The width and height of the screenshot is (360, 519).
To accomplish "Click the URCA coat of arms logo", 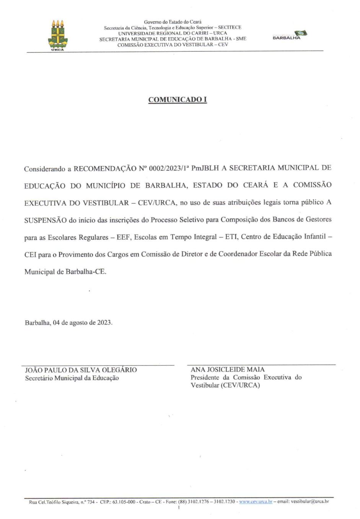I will tap(57, 35).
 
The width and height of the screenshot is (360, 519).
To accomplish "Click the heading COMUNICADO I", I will tap(178, 100).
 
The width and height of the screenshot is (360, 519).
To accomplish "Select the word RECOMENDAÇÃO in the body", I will tap(105, 168).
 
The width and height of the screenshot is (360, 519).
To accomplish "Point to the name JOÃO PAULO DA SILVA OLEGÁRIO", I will tap(81, 370).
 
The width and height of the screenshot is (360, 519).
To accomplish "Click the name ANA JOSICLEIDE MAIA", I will tap(228, 370).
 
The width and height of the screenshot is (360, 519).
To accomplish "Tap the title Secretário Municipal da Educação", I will tap(72, 378).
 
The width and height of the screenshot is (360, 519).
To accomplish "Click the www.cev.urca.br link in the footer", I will tap(256, 501).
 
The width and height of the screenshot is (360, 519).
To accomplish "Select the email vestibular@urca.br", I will tap(310, 501).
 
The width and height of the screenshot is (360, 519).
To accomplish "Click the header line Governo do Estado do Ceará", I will tap(173, 22).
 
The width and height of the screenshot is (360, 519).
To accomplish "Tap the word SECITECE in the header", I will tap(230, 28).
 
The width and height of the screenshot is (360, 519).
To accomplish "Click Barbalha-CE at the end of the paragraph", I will tap(86, 272).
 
